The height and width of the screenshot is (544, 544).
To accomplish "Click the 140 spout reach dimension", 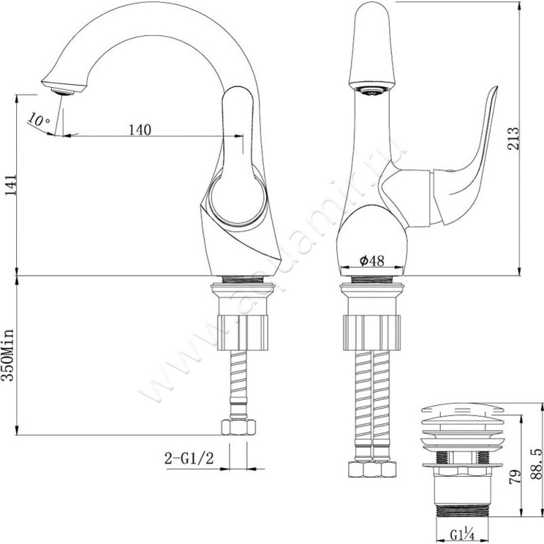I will [139, 129].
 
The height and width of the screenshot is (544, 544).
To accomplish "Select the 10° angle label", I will [39, 120].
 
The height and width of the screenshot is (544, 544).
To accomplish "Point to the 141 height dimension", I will [10, 184].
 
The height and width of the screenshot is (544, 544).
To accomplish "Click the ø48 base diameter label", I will [372, 260].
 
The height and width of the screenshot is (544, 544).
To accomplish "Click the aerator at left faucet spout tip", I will [60, 88].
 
